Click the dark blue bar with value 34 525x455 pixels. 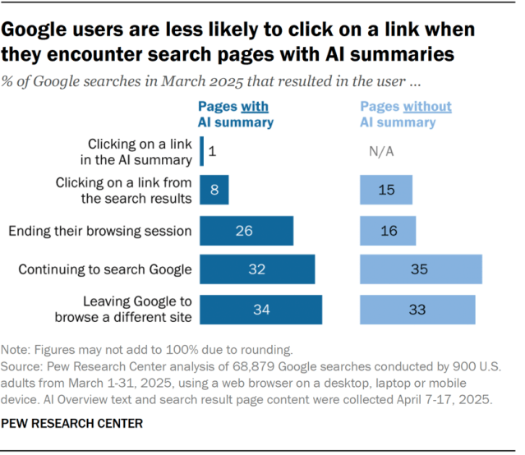pyautogui.click(x=260, y=309)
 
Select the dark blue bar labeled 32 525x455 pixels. pyautogui.click(x=256, y=269)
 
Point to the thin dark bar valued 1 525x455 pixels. pyautogui.click(x=201, y=151)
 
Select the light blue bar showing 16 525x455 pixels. pyautogui.click(x=388, y=231)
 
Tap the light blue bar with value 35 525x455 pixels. pyautogui.click(x=421, y=269)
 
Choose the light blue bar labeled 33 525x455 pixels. pyautogui.click(x=417, y=309)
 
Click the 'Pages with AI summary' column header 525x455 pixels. pyautogui.click(x=236, y=114)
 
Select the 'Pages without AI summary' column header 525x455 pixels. pyautogui.click(x=406, y=114)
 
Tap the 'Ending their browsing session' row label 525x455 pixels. pyautogui.click(x=100, y=231)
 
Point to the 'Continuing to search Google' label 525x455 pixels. pyautogui.click(x=105, y=269)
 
